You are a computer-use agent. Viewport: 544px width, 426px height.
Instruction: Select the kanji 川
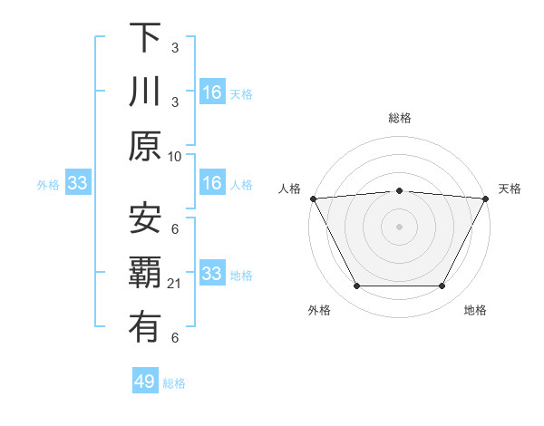[x=145, y=92]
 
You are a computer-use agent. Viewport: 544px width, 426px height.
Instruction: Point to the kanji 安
[x=145, y=218]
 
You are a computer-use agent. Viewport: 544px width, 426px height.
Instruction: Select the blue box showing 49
[x=145, y=382]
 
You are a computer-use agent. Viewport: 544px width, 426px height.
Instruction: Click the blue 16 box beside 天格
[x=212, y=92]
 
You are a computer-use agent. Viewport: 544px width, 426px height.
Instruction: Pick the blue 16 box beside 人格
[x=212, y=184]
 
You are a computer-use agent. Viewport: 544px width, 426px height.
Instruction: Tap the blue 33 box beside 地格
[x=212, y=274]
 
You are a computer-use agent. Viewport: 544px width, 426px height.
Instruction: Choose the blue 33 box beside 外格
[x=78, y=184]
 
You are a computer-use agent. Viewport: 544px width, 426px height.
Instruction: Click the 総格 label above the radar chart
[x=400, y=118]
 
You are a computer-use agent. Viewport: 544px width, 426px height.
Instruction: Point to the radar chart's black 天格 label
[x=510, y=189]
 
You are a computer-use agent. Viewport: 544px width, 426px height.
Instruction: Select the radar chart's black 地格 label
[x=475, y=311]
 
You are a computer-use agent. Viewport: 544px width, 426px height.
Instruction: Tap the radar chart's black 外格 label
[x=319, y=311]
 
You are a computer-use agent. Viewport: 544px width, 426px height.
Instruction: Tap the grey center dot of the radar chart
[x=399, y=226]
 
